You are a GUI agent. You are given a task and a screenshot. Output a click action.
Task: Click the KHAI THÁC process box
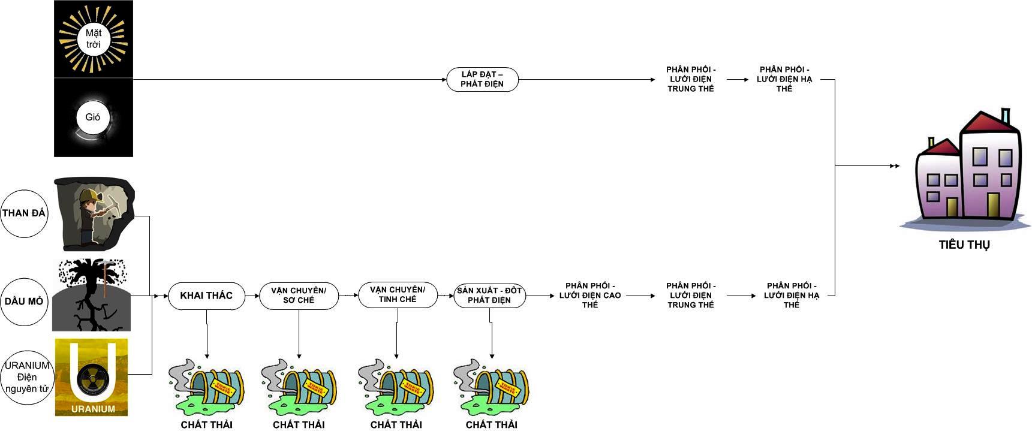coord(206,296)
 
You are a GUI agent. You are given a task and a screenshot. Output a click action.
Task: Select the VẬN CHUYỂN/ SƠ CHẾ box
coord(299,296)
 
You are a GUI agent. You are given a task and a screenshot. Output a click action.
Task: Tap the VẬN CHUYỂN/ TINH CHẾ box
coord(398,294)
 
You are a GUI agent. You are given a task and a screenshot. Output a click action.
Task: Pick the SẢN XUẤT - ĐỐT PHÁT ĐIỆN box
coord(489,296)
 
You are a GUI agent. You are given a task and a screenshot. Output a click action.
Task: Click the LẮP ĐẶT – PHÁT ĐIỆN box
coord(482,79)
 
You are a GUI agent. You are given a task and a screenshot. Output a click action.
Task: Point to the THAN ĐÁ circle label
coord(24,213)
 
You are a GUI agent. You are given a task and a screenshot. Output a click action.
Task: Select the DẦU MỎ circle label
coord(24,302)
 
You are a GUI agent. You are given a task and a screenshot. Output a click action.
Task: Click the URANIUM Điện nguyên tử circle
coord(27,378)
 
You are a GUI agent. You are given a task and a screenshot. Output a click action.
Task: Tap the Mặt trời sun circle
coord(93,39)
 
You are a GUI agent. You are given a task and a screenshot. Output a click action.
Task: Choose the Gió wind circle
coord(93,117)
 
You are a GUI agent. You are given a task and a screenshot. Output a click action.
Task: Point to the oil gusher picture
coord(92,295)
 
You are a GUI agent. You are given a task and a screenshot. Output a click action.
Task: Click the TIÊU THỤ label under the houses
coord(964,245)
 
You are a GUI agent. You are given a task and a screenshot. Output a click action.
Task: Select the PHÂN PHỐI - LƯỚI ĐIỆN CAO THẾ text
coord(589,296)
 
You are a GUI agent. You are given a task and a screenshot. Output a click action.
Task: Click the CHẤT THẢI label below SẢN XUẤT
coord(491,424)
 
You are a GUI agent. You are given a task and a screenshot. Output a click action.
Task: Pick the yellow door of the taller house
coord(993,204)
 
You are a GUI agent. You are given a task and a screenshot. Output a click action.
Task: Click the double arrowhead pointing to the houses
coord(894,166)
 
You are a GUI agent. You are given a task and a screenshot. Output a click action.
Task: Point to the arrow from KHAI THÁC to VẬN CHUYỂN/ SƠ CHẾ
coord(252,296)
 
